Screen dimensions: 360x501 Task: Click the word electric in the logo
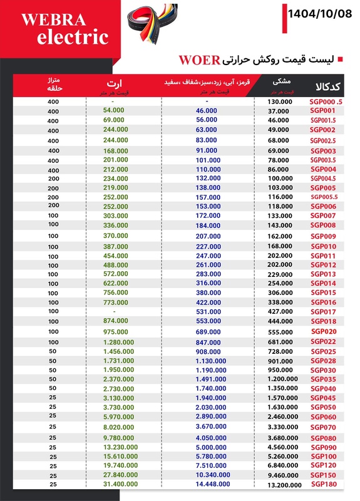tap(72, 38)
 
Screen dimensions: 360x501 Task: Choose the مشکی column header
tap(281, 81)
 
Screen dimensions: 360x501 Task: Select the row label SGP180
tap(324, 484)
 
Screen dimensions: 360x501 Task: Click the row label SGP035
tap(324, 380)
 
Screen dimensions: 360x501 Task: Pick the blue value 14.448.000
tap(206, 485)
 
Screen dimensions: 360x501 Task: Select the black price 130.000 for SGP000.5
tap(279, 101)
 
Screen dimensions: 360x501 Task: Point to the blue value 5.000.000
tap(206, 447)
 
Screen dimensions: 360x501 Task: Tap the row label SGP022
tap(324, 341)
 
